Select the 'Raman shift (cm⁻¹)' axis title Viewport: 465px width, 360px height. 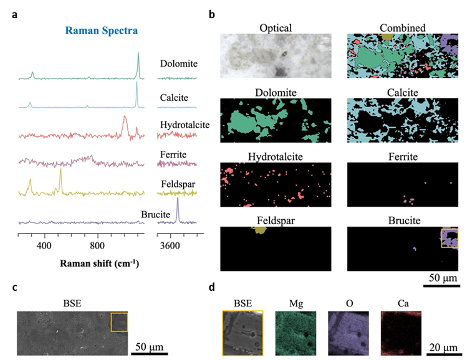tap(100, 263)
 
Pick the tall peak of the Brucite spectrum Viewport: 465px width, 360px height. tap(178, 201)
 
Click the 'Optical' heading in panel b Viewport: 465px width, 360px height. tap(276, 28)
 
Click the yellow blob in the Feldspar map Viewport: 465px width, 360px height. tap(259, 230)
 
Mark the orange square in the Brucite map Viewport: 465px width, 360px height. tap(449, 238)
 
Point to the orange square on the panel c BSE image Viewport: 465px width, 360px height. tap(119, 323)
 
